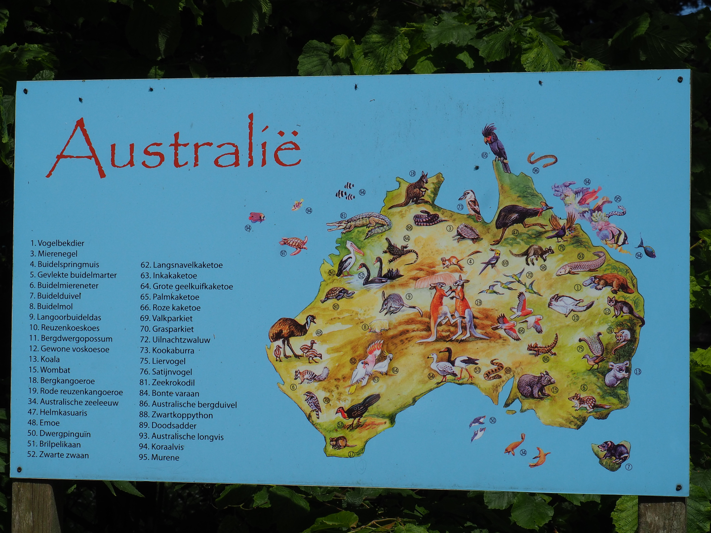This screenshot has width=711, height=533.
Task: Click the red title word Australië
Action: [175, 147]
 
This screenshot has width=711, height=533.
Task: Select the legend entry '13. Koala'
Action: [44, 359]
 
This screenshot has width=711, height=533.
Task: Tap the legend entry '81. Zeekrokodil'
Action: [167, 382]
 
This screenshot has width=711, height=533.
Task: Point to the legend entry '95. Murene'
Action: [159, 457]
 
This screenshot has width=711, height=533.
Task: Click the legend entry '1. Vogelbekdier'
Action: [57, 243]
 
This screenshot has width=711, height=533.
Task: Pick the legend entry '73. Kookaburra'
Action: [167, 350]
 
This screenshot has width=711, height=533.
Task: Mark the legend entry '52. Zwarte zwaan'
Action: [58, 455]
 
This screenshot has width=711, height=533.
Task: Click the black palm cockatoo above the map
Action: [496, 146]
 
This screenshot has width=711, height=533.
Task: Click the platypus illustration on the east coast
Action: [608, 283]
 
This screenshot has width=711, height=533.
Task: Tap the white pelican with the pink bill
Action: [349, 258]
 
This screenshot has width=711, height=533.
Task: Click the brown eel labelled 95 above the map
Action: [542, 159]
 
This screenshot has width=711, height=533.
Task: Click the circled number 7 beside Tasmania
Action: [629, 466]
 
